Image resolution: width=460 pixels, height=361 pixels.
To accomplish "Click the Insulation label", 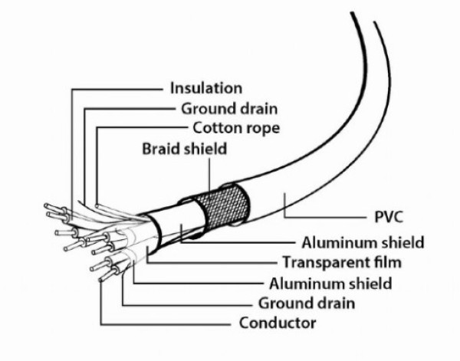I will [x=206, y=87].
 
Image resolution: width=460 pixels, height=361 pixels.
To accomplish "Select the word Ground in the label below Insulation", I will [x=203, y=108].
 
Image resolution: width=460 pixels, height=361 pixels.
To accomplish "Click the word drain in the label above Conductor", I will [x=333, y=303].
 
